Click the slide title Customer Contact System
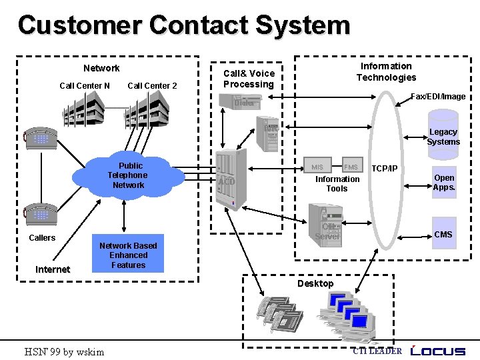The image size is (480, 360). tap(183, 25)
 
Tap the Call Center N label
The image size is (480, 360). tap(85, 85)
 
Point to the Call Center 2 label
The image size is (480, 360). tap(152, 85)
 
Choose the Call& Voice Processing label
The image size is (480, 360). tap(249, 79)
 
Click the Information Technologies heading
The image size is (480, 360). tap(386, 72)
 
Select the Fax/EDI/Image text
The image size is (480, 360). tap(438, 97)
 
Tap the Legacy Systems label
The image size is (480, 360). tap(443, 137)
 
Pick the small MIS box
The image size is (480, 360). tap(317, 167)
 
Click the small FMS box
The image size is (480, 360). tap(351, 167)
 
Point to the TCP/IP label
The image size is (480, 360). tap(385, 168)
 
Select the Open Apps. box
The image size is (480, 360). tap(444, 183)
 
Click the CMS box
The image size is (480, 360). tap(443, 235)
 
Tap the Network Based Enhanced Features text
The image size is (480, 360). tap(128, 255)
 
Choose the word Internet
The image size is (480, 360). tap(53, 269)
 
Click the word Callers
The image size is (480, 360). tap(42, 238)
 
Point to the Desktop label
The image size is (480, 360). tap(315, 283)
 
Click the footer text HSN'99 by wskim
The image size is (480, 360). tap(64, 351)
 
